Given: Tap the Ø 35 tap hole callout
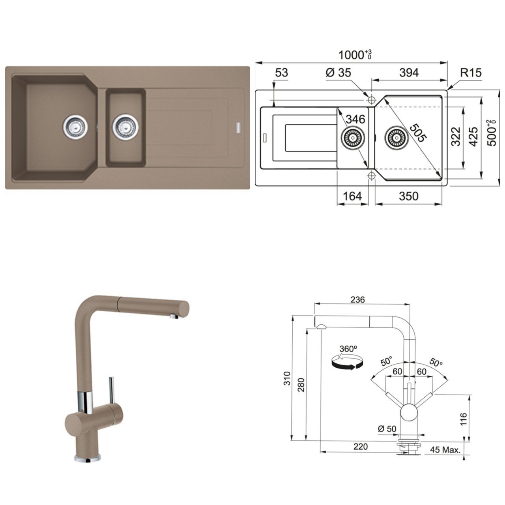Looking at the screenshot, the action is (x=339, y=73).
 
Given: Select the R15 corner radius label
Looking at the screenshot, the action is (x=471, y=73).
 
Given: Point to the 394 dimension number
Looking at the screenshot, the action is (x=409, y=73).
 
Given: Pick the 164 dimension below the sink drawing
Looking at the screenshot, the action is (x=352, y=196).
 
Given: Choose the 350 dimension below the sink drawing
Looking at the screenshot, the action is (x=409, y=196).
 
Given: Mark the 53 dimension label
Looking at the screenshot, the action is (x=282, y=73).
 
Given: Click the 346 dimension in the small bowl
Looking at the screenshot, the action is (x=355, y=119).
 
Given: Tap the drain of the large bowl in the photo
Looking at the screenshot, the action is (x=75, y=127).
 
